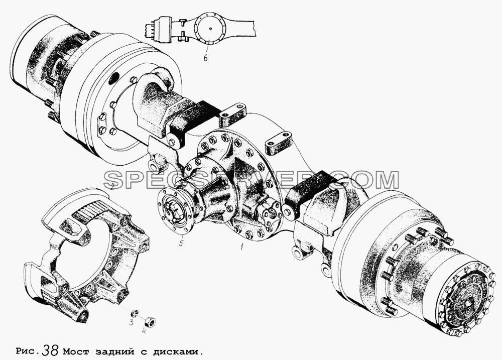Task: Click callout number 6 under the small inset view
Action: point(205,58)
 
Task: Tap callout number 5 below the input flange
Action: point(181,244)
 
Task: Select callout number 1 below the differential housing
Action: point(242,247)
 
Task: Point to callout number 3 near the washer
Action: point(131,322)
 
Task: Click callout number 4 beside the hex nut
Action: point(144,330)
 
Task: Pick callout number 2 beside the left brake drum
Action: point(112,186)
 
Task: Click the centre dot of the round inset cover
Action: point(211,29)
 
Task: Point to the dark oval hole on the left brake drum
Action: point(114,78)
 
